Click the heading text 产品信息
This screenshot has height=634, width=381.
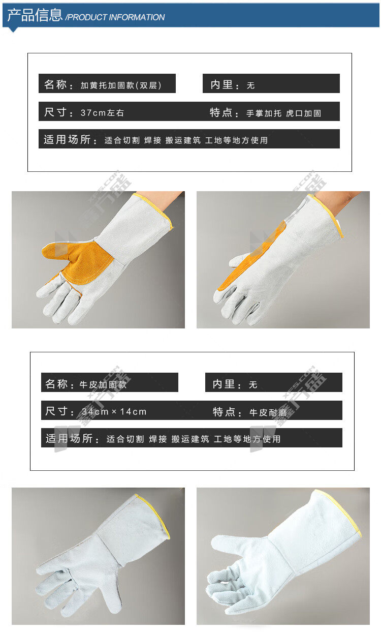click(x=35, y=15)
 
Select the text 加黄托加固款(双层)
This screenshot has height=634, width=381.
click(x=121, y=85)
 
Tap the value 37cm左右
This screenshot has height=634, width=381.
click(x=102, y=113)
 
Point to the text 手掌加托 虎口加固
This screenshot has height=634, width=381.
click(x=283, y=113)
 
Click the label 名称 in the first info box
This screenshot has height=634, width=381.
click(x=55, y=84)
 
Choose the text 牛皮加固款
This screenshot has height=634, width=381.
click(x=103, y=384)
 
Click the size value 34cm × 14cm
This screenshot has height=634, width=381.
click(x=114, y=411)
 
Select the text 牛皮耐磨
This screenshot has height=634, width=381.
click(x=268, y=412)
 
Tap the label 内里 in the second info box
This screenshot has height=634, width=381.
click(x=224, y=384)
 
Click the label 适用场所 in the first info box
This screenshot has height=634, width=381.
click(x=67, y=139)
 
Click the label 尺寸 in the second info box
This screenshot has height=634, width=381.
click(x=56, y=411)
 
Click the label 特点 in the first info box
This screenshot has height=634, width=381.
click(x=220, y=112)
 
